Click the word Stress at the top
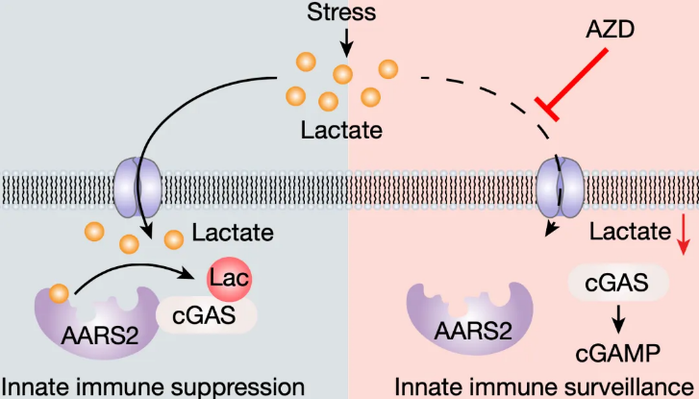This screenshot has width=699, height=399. click(341, 12)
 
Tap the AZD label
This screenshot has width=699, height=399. click(610, 30)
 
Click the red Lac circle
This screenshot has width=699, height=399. click(229, 279)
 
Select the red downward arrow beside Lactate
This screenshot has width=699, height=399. click(683, 235)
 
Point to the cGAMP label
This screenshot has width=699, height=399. click(617, 354)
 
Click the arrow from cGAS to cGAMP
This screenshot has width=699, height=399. click(618, 319)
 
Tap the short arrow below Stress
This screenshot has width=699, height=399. click(346, 43)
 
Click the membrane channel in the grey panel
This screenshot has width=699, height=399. click(137, 187)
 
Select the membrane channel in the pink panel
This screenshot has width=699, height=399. click(560, 187)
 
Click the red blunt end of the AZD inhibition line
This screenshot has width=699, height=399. click(547, 109)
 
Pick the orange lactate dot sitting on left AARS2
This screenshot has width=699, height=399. click(59, 294)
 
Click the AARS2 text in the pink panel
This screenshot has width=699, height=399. click(473, 332)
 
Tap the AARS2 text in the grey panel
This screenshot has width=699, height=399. click(100, 336)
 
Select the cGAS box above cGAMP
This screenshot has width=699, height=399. click(618, 283)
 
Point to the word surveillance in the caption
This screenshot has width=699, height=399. click(619, 387)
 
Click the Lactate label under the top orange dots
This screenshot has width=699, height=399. click(341, 130)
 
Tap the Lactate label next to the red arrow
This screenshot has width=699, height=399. click(630, 232)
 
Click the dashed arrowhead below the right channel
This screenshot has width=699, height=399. click(552, 228)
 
